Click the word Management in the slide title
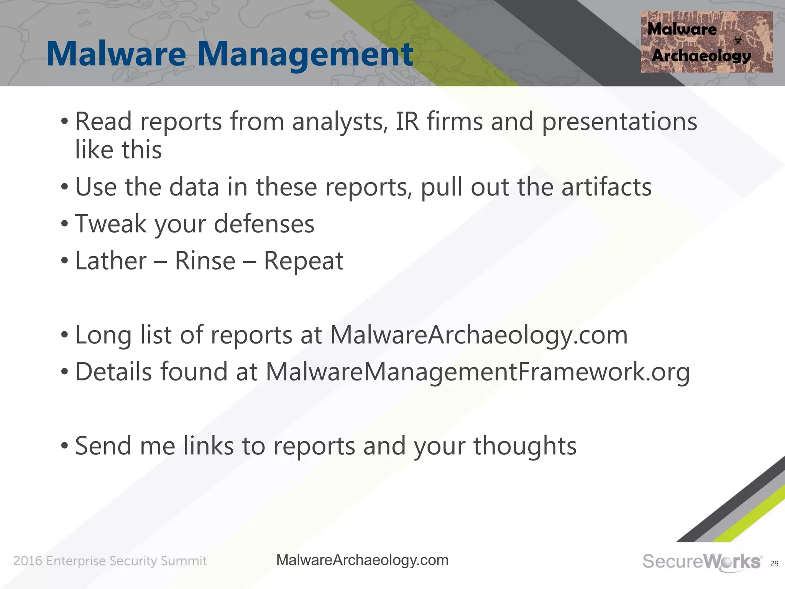click(305, 54)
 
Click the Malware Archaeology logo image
click(706, 42)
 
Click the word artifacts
click(606, 187)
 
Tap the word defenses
click(264, 224)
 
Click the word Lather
click(111, 261)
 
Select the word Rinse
click(205, 261)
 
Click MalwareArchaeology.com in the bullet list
click(479, 336)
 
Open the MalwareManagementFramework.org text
click(478, 372)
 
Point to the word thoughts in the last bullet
click(525, 446)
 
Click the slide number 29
click(774, 564)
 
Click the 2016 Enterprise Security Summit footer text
click(110, 561)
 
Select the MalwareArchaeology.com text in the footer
click(362, 561)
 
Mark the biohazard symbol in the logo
click(738, 40)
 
